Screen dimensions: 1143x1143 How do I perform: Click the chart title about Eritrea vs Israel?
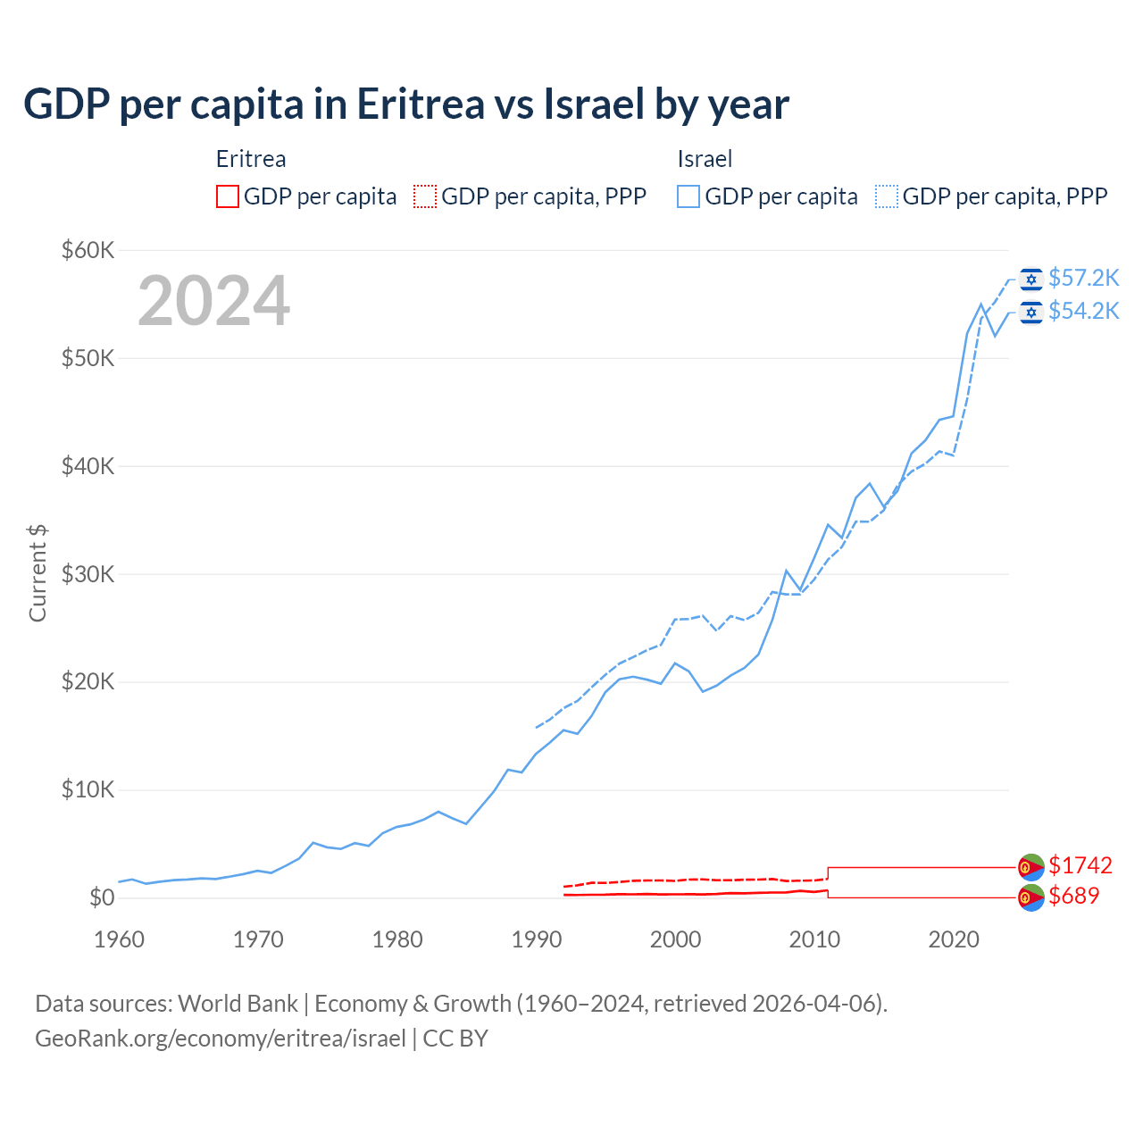click(x=406, y=104)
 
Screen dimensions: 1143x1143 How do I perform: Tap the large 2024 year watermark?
click(x=213, y=301)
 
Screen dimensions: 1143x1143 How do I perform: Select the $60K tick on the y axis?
click(x=88, y=250)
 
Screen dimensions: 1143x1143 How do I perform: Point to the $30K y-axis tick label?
click(x=88, y=574)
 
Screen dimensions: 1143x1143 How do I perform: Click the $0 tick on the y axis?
click(x=102, y=897)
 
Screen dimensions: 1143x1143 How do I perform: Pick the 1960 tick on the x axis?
click(x=119, y=939)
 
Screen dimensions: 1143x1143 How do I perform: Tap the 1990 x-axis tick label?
click(x=537, y=939)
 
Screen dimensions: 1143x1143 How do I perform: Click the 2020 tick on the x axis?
click(x=954, y=939)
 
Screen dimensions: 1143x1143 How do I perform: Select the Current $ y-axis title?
click(x=38, y=573)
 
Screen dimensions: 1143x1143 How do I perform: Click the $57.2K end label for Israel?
click(x=1083, y=279)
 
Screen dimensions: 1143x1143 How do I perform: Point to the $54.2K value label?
click(x=1083, y=311)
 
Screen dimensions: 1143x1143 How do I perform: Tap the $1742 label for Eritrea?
click(x=1080, y=865)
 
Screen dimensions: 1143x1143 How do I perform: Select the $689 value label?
click(x=1074, y=896)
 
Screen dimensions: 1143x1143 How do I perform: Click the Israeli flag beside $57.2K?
click(x=1031, y=279)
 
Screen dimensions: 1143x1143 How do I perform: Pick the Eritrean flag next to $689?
click(x=1031, y=897)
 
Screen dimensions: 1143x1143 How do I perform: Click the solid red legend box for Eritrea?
click(x=228, y=196)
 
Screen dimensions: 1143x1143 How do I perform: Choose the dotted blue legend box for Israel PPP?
click(x=887, y=196)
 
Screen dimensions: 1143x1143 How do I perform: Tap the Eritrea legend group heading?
click(x=251, y=159)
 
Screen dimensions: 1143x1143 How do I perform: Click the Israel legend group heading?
click(x=705, y=159)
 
